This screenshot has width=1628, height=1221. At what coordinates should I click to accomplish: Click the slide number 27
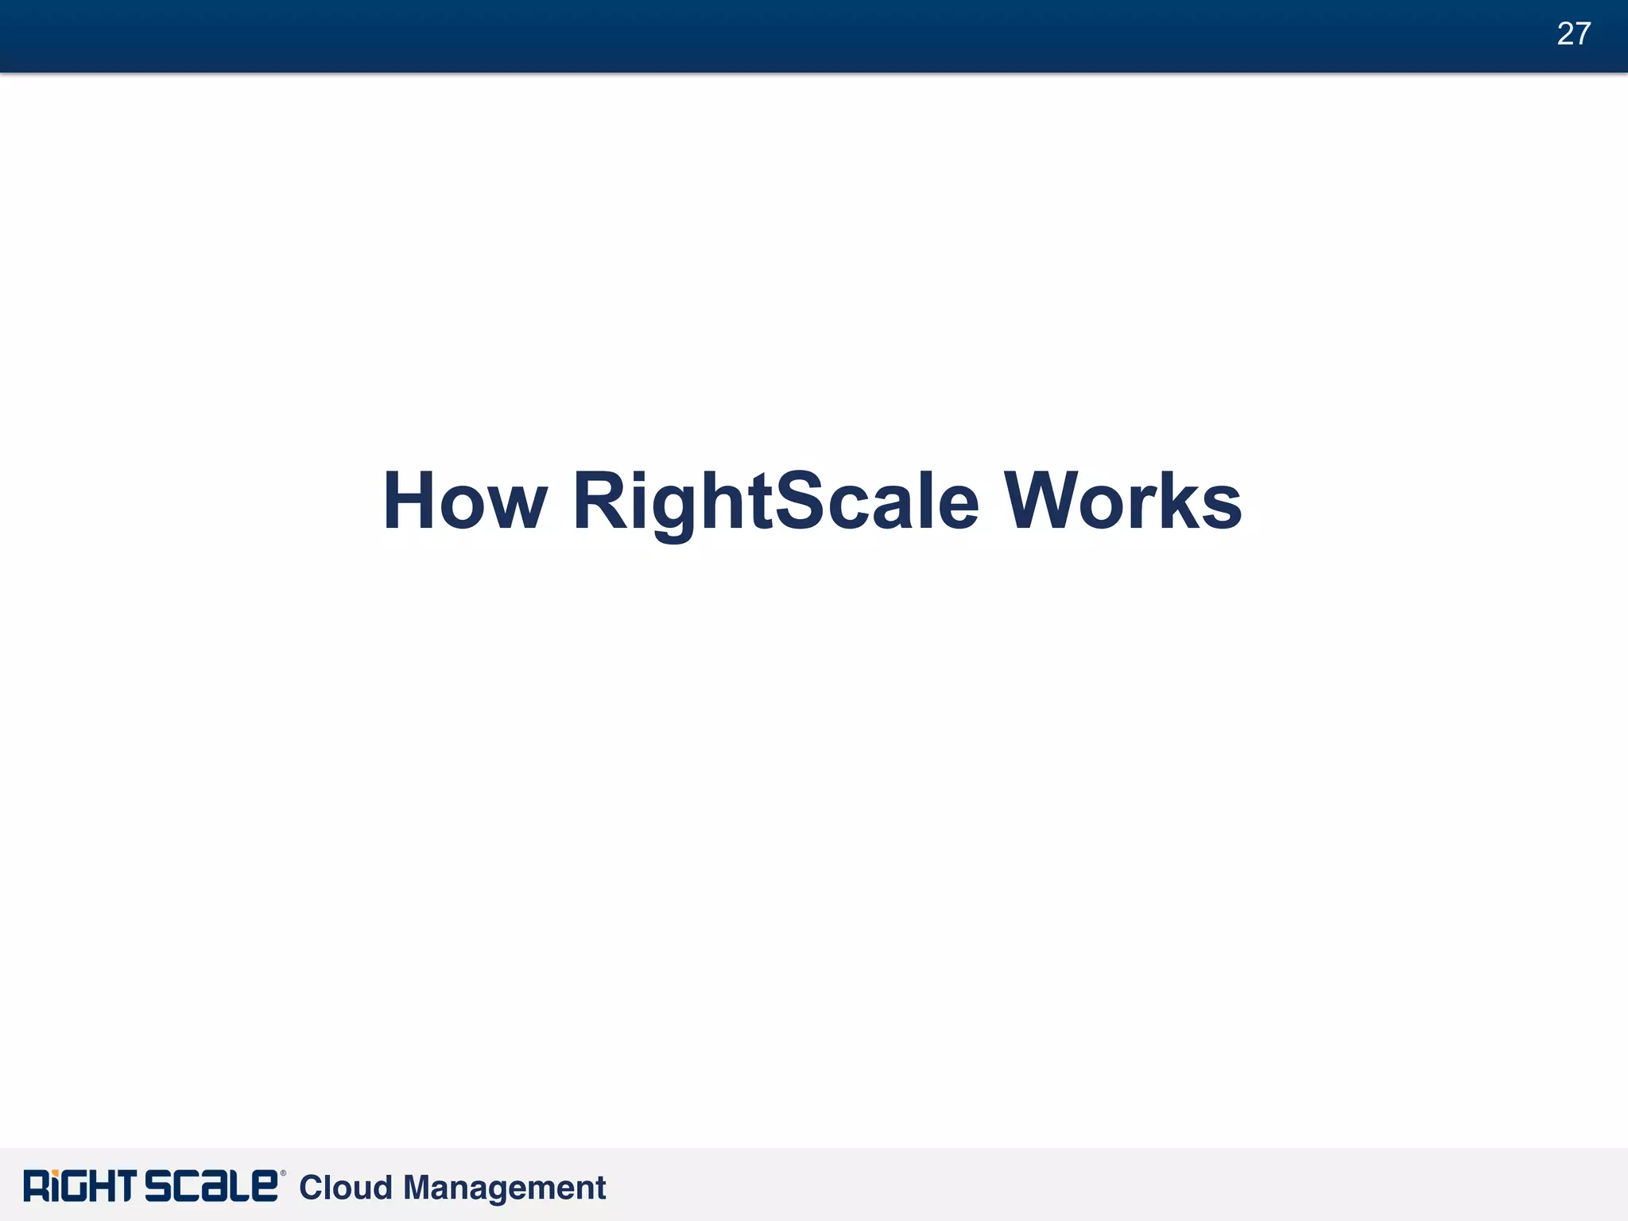1573,34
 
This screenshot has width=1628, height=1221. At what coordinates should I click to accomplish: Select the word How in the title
464,502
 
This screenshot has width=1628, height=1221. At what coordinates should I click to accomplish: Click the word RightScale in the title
776,502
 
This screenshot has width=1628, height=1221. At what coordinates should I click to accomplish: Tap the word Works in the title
1122,502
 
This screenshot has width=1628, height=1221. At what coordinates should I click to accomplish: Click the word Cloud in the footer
346,1188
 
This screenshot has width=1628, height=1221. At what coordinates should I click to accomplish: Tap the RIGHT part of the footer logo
79,1186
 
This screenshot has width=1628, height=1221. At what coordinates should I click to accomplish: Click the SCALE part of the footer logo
211,1186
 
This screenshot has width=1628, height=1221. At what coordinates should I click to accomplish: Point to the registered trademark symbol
283,1173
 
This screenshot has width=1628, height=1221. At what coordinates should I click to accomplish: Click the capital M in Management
418,1188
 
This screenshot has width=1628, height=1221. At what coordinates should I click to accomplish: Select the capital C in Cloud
311,1188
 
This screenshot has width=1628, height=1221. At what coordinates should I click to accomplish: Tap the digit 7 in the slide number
1583,34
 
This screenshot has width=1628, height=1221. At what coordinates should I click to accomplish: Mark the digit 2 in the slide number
1564,34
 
